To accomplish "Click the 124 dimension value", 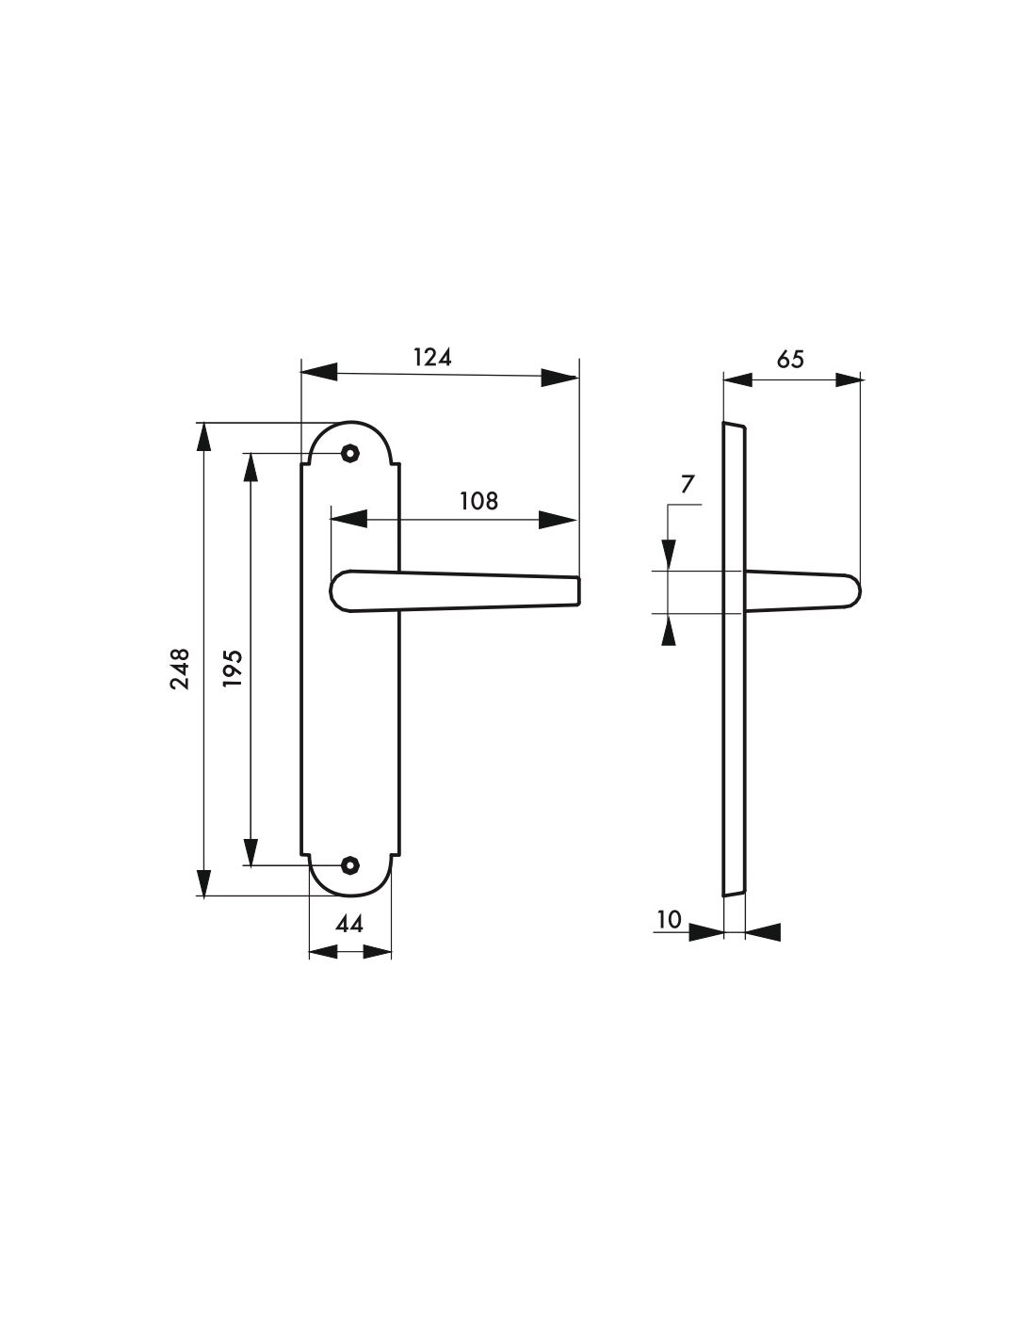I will tap(432, 358).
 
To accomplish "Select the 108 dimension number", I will tap(478, 501).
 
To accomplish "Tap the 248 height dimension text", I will tap(180, 669).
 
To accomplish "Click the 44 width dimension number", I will tap(349, 925).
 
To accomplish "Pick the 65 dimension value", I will tap(791, 360).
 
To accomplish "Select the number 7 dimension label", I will tap(688, 485).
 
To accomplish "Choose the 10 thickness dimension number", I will tap(669, 919).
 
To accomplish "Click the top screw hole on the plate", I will tap(350, 454).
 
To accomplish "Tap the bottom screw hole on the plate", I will tap(350, 863).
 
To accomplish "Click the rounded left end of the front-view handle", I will tap(338, 590).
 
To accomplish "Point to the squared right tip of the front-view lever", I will tap(576, 591).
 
